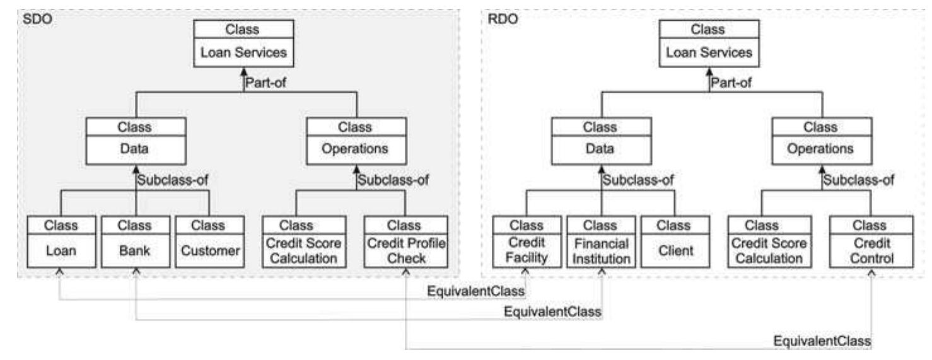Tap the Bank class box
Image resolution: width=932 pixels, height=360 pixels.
pyautogui.click(x=134, y=242)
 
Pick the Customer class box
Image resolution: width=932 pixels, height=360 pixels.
pyautogui.click(x=209, y=242)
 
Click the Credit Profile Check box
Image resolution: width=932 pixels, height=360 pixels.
pyautogui.click(x=405, y=242)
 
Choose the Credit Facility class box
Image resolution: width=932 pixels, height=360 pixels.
pyautogui.click(x=526, y=242)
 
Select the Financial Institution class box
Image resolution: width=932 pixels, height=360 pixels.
pyautogui.click(x=601, y=242)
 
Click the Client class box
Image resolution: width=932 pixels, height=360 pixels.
pyautogui.click(x=675, y=242)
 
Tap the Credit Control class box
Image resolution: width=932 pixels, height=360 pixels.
pyautogui.click(x=872, y=242)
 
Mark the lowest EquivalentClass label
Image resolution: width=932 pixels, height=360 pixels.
pyautogui.click(x=822, y=340)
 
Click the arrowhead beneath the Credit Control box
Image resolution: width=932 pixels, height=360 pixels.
pyautogui.click(x=872, y=273)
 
